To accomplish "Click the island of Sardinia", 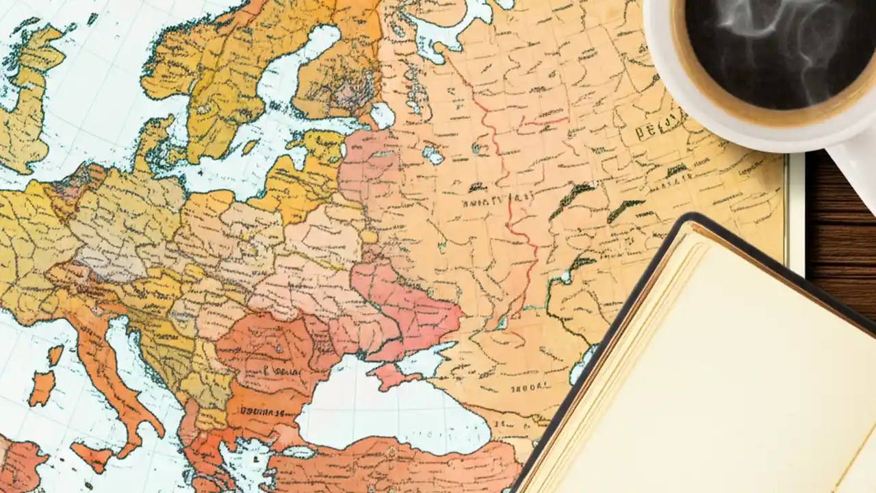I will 41,388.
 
